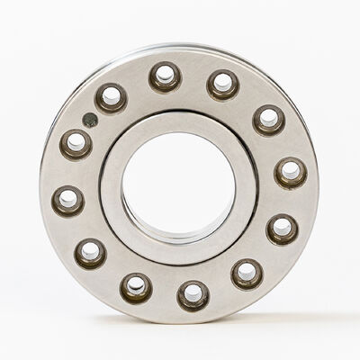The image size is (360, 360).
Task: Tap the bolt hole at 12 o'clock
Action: pyautogui.click(x=165, y=77)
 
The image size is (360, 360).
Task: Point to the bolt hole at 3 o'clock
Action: pyautogui.click(x=290, y=172)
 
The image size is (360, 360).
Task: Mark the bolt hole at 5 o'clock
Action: pyautogui.click(x=247, y=273)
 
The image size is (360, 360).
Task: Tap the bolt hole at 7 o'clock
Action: pyautogui.click(x=136, y=287)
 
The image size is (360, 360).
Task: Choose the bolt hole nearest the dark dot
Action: pyautogui.click(x=112, y=97)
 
